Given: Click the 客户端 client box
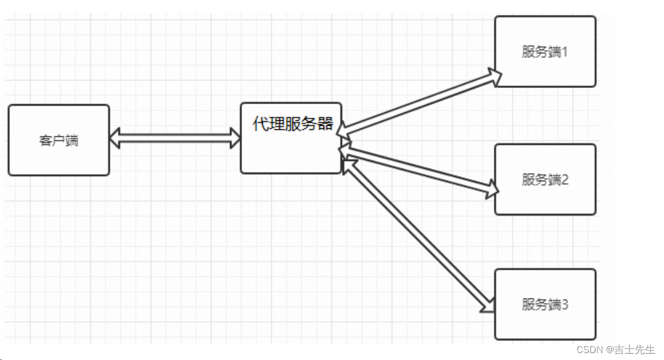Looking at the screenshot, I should point(59,140).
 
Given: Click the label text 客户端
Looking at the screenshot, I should point(59,140).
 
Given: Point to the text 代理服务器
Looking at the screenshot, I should point(293,124).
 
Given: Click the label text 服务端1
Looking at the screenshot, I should point(544,52).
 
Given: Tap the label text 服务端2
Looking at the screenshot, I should point(544,179).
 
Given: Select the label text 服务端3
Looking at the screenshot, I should point(544,304).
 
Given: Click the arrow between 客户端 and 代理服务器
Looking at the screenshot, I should point(175,138).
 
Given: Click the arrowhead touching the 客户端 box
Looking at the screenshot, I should point(116,138).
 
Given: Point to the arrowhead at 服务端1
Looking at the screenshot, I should point(494,76).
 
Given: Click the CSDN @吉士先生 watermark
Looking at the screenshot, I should point(615,350).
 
